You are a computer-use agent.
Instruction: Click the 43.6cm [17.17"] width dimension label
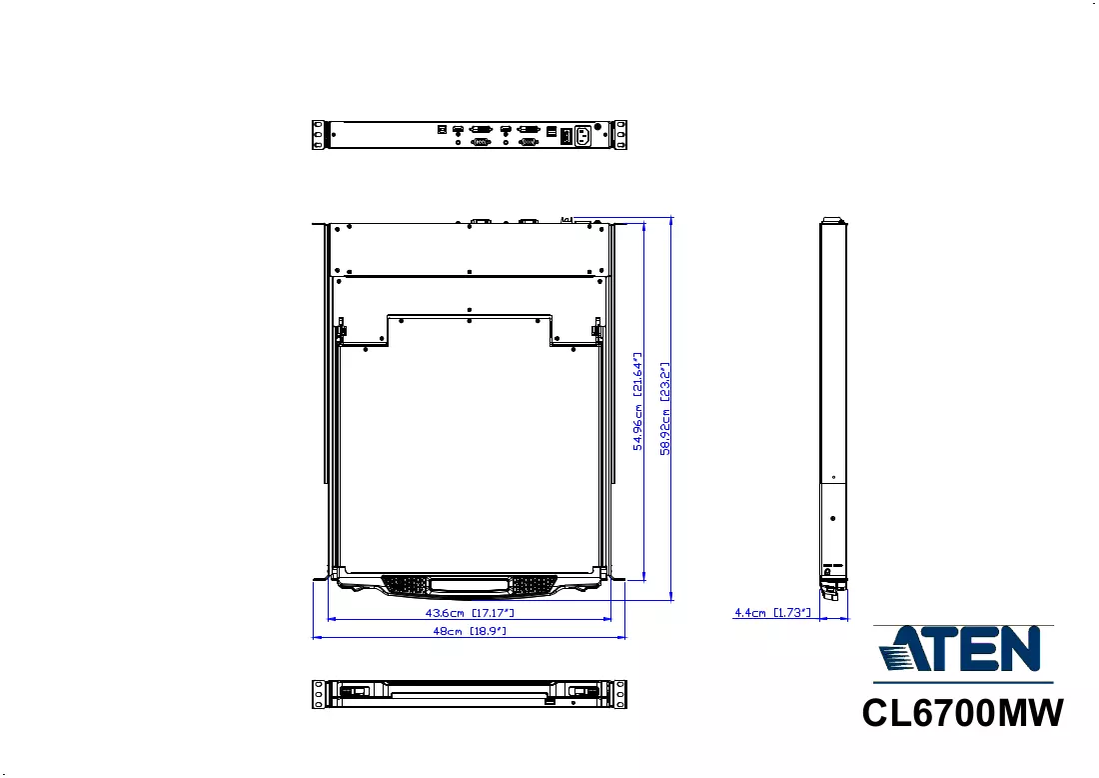coord(470,613)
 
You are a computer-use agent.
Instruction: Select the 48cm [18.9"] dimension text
coord(470,631)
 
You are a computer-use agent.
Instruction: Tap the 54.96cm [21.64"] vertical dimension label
coord(637,401)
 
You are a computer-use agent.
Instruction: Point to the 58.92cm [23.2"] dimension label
coord(665,409)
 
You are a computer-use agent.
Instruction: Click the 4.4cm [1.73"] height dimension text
coord(772,613)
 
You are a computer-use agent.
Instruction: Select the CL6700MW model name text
coord(962,713)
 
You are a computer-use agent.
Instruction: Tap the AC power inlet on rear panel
coord(583,135)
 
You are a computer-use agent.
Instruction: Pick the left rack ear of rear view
coord(319,135)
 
